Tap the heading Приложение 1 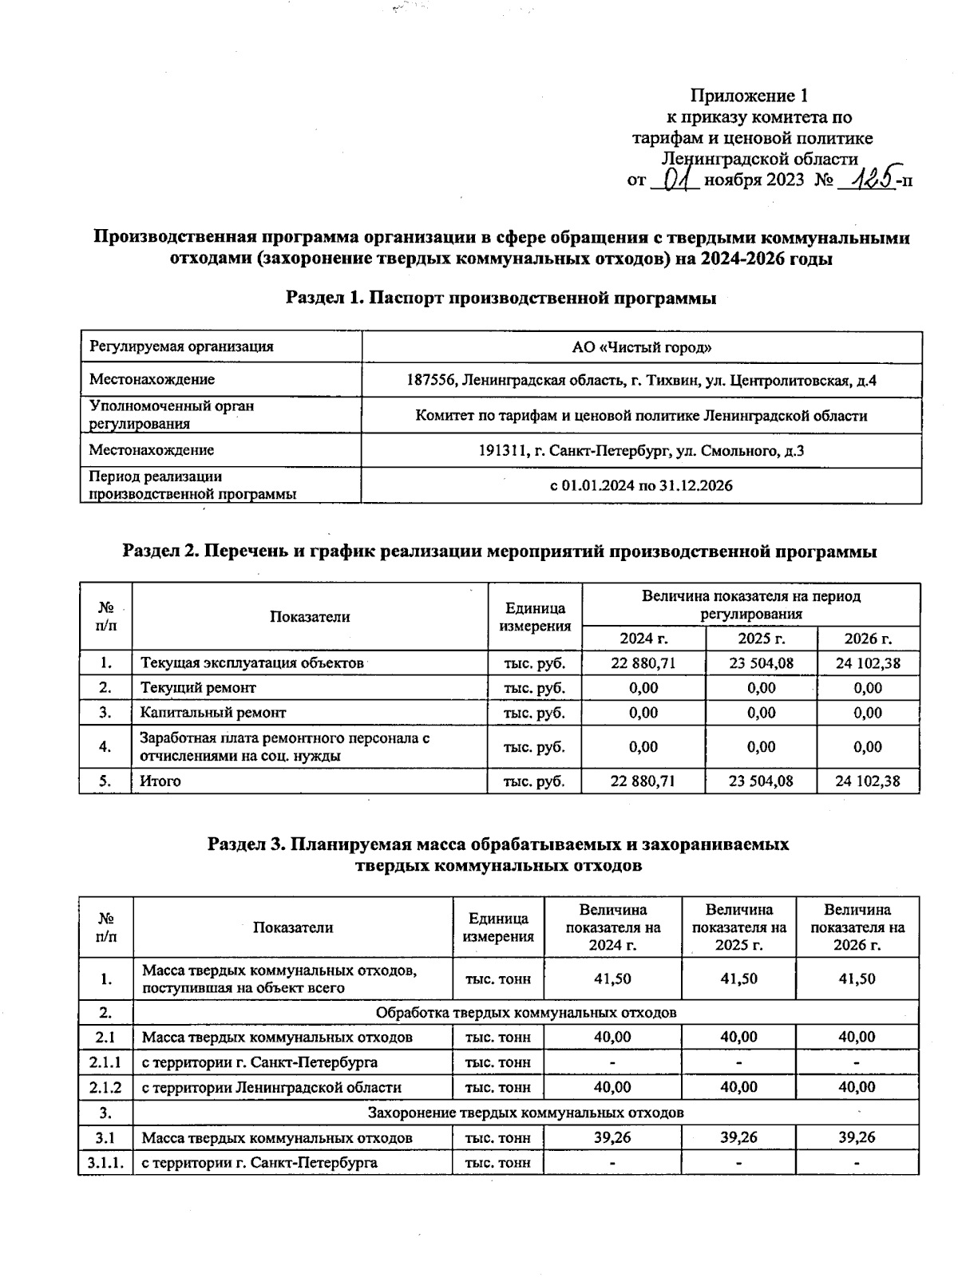(x=749, y=96)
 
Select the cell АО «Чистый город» (x=641, y=347)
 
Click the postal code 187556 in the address (x=430, y=381)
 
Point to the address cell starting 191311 (x=641, y=451)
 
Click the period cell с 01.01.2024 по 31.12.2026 (x=641, y=485)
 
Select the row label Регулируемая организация (x=181, y=346)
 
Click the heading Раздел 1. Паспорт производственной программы (x=501, y=298)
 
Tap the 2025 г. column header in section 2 (x=761, y=639)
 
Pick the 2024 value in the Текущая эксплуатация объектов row (x=643, y=663)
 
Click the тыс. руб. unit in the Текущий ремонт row (x=534, y=688)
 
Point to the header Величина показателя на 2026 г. (x=857, y=927)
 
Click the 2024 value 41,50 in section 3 (x=612, y=979)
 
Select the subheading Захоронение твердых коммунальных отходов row (x=525, y=1113)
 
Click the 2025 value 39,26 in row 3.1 (x=738, y=1137)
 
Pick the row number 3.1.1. (x=105, y=1163)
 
